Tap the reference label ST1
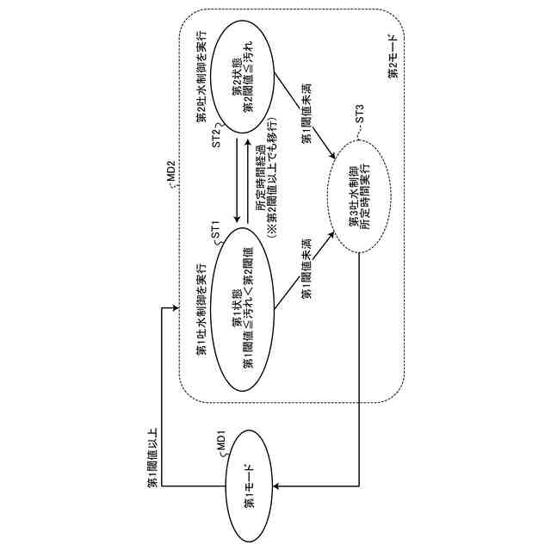(215, 231)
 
